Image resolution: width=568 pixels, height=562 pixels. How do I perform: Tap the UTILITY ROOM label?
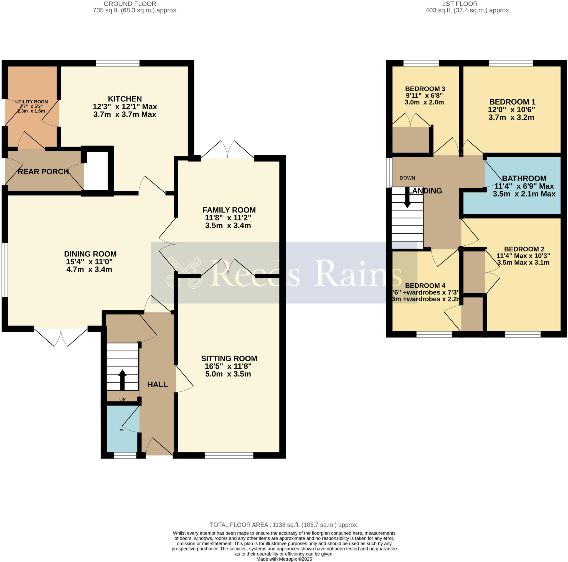(32, 102)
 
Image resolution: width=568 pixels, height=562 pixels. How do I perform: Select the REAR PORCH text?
(43, 172)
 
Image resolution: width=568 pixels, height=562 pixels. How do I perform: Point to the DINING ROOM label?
(90, 254)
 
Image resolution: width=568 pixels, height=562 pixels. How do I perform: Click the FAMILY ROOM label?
(229, 210)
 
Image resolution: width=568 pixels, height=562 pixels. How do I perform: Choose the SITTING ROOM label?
(229, 358)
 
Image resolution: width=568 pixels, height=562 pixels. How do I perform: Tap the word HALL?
(157, 385)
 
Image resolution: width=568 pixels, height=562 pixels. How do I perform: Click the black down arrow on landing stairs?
(407, 197)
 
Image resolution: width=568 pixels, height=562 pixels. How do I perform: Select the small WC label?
(122, 429)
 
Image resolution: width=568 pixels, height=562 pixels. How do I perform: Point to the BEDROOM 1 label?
(512, 102)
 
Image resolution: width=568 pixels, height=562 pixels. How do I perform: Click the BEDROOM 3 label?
(425, 89)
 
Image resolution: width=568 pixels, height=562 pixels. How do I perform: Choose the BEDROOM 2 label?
(524, 249)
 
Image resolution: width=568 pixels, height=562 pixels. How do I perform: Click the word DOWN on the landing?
(407, 178)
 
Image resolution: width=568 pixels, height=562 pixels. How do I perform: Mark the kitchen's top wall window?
(117, 63)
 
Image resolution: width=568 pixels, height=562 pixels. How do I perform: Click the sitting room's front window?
(229, 455)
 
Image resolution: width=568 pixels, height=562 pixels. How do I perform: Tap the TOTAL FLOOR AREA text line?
(284, 525)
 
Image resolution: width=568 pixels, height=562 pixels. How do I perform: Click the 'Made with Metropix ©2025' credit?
(284, 559)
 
